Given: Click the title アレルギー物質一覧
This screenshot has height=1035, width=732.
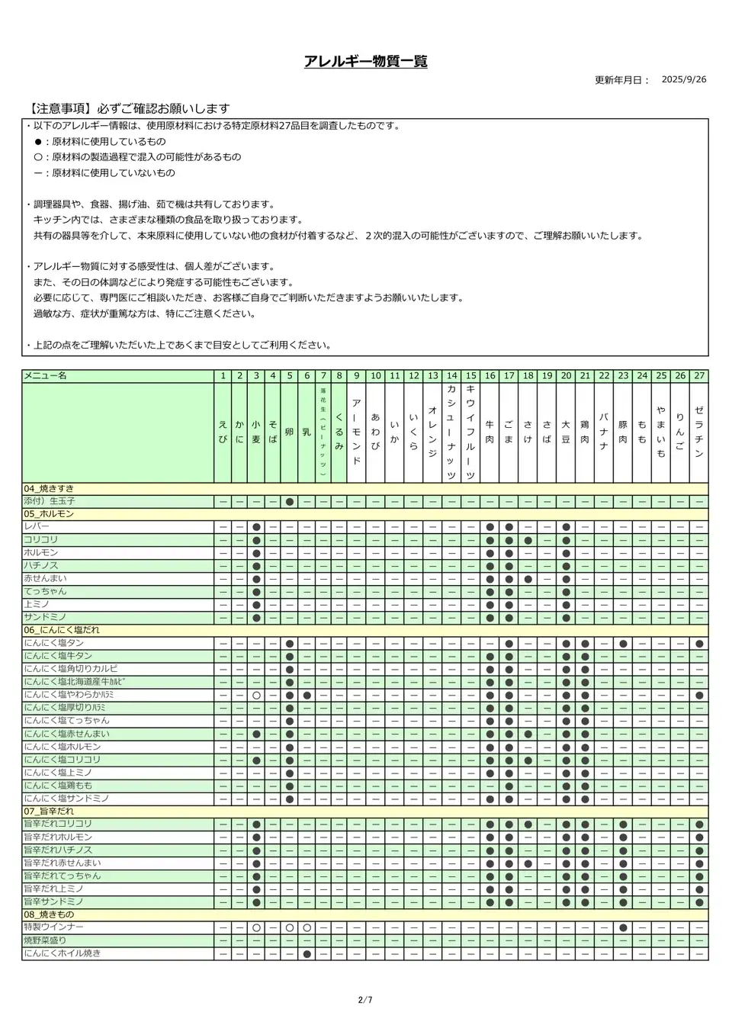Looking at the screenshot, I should pyautogui.click(x=365, y=62).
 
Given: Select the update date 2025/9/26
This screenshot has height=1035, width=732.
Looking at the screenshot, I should pyautogui.click(x=683, y=79).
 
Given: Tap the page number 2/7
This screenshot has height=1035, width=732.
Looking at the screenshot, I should pyautogui.click(x=365, y=1000).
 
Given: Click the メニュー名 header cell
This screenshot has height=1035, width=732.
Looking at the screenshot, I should pyautogui.click(x=46, y=376).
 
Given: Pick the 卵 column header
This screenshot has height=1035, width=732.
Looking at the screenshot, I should pyautogui.click(x=290, y=432).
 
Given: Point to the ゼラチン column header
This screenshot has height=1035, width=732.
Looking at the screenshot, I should pyautogui.click(x=699, y=432).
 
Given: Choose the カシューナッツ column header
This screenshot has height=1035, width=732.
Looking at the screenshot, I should pyautogui.click(x=451, y=432).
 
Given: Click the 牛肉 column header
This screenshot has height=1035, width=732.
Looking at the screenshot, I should pyautogui.click(x=490, y=432).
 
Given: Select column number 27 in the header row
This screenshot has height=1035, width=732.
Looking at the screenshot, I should pyautogui.click(x=699, y=376).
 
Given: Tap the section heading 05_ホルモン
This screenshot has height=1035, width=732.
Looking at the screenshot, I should pyautogui.click(x=49, y=514).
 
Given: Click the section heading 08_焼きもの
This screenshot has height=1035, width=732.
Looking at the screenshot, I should pyautogui.click(x=49, y=914).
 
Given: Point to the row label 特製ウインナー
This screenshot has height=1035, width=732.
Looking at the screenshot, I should pyautogui.click(x=53, y=927).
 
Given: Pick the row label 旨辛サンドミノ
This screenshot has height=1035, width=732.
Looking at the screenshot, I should pyautogui.click(x=53, y=902).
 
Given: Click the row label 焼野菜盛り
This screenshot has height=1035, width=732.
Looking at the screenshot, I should pyautogui.click(x=45, y=940).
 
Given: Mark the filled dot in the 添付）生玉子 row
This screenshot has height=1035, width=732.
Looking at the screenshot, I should pyautogui.click(x=290, y=502).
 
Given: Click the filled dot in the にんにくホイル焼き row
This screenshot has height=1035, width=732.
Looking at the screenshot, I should pyautogui.click(x=307, y=953).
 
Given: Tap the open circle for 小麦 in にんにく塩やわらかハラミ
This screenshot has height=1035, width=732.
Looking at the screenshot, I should pyautogui.click(x=256, y=696).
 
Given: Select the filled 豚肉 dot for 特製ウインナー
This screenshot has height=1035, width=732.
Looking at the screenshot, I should pyautogui.click(x=623, y=927).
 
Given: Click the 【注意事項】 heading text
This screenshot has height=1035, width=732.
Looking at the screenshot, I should pyautogui.click(x=126, y=109).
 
